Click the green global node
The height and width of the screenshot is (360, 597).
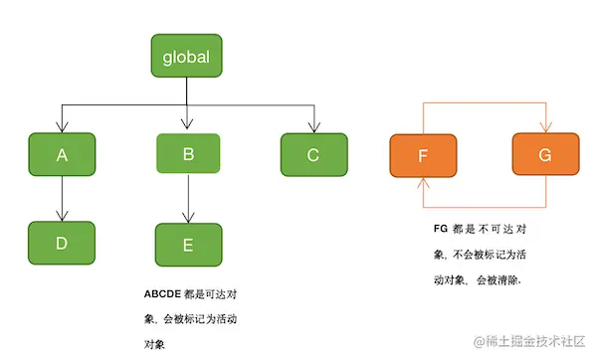186,57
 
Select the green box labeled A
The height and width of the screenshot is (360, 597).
62,154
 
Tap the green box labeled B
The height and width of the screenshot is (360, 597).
189,154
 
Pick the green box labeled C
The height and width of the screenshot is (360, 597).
313,154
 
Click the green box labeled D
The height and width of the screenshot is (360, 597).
62,243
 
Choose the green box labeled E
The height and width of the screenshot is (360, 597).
189,244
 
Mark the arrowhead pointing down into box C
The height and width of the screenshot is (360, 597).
313,126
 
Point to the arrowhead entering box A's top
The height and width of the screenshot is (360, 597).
62,126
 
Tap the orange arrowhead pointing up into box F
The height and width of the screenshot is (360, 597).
423,182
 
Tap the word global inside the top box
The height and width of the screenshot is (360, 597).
186,57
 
